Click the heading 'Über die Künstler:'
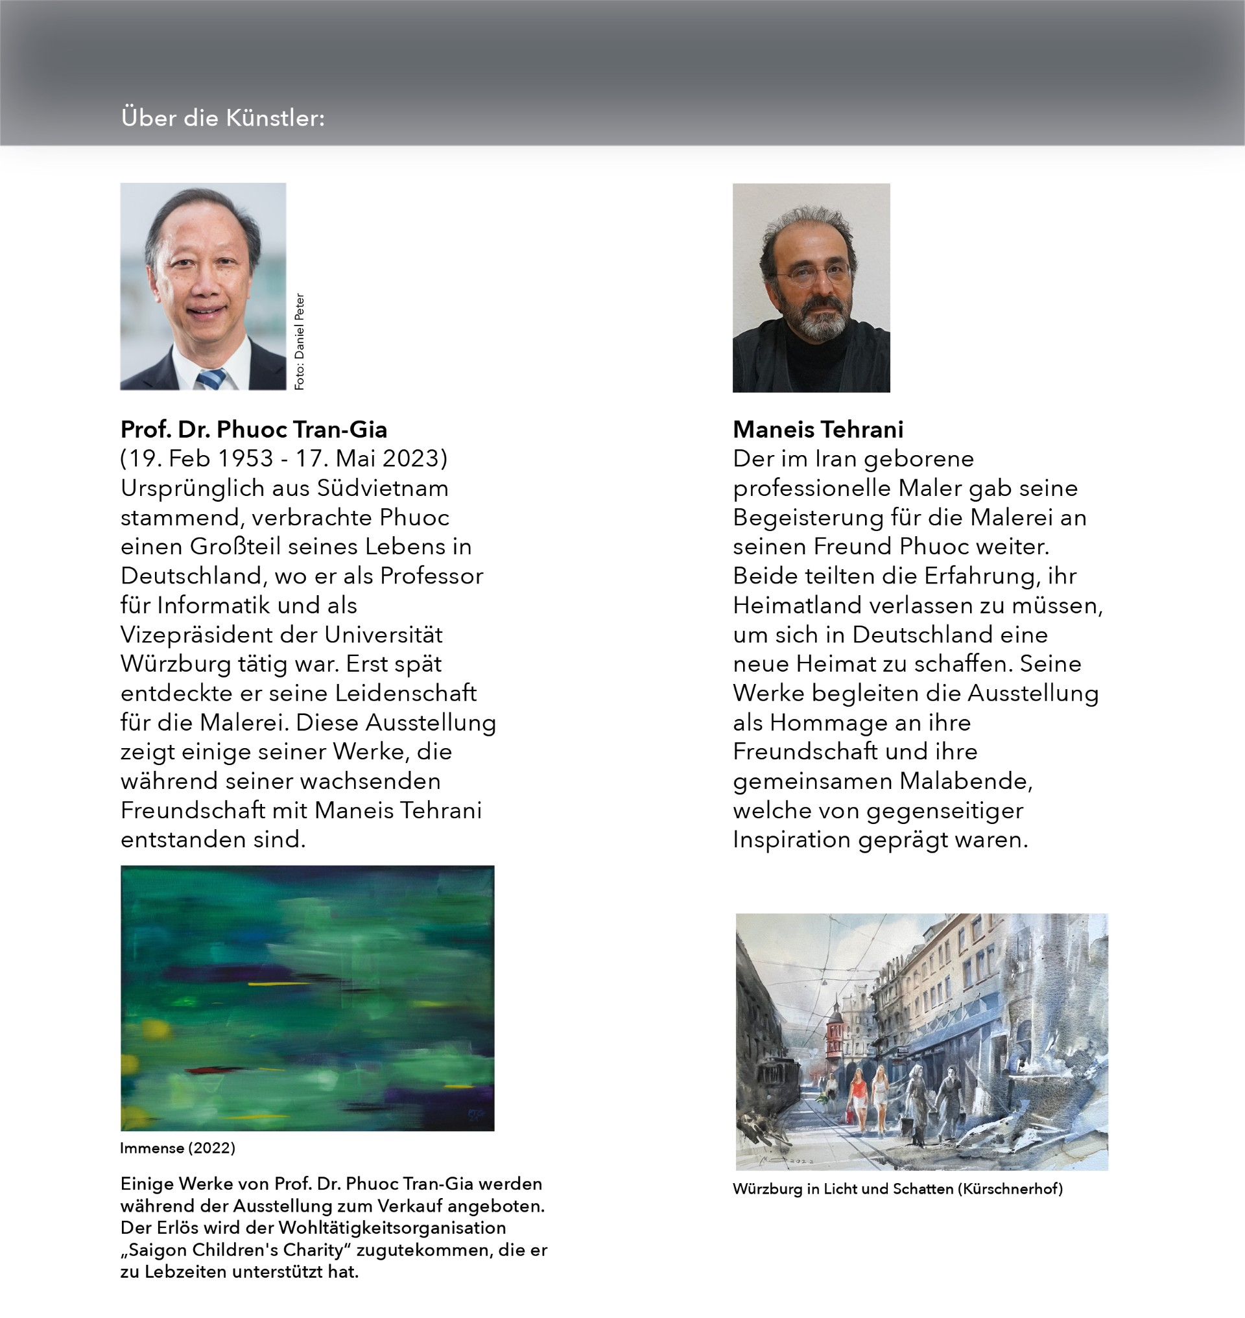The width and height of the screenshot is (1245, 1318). [223, 118]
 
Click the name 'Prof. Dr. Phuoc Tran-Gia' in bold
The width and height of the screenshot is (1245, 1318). [254, 429]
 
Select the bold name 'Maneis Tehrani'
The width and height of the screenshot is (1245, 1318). [818, 429]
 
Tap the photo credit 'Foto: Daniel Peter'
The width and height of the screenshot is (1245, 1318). [300, 341]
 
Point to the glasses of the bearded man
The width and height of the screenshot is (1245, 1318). [814, 273]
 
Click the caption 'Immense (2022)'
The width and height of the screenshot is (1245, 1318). [177, 1148]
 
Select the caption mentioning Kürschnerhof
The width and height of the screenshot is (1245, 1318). [897, 1188]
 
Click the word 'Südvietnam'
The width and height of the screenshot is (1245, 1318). [383, 488]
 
